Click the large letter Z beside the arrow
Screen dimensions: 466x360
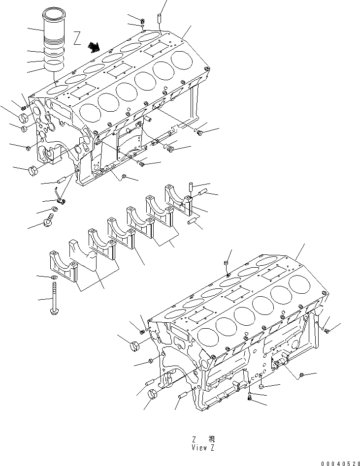77,39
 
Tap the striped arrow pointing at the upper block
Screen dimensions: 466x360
93,46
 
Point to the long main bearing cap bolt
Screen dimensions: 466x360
53,301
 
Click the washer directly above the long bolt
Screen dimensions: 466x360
53,278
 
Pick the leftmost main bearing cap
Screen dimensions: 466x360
63,266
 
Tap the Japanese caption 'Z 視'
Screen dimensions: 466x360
202,439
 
